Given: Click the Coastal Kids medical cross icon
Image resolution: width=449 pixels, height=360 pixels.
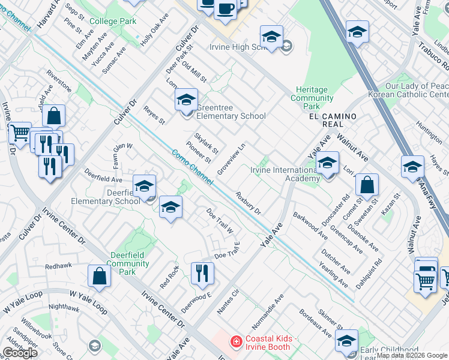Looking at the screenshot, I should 237,342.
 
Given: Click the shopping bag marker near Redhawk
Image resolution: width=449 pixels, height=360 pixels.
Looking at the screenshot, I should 99,276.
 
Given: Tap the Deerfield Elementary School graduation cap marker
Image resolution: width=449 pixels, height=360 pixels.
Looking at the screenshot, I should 144,186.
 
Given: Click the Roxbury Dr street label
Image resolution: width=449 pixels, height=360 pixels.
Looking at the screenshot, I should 248,203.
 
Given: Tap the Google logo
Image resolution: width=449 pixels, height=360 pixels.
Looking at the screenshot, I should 20,352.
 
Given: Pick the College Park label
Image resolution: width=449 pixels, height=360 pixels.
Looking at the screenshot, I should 113,21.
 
